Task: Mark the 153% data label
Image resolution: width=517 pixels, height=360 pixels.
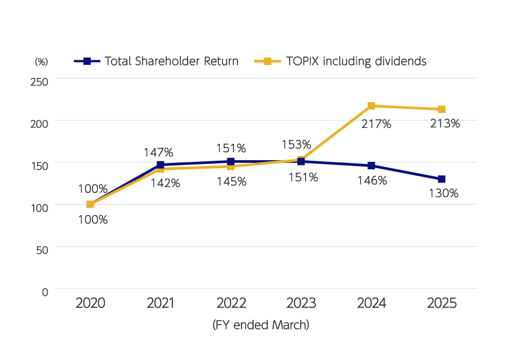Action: pos(296,145)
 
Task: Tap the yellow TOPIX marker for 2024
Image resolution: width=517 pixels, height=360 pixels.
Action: pos(371,106)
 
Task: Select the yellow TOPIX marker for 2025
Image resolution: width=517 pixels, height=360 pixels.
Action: pos(441,109)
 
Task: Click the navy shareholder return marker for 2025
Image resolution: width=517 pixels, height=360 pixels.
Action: pos(441,179)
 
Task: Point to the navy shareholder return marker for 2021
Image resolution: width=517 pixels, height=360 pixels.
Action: pos(160,165)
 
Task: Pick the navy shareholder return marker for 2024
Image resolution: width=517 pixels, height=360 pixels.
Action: pos(371,166)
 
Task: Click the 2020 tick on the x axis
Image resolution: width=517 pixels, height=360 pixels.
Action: pos(90,303)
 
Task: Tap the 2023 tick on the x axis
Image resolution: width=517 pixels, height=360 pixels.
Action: pos(301,303)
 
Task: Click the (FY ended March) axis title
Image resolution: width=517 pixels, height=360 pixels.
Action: pos(261,325)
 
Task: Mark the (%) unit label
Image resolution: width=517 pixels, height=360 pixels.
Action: pos(41,61)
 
